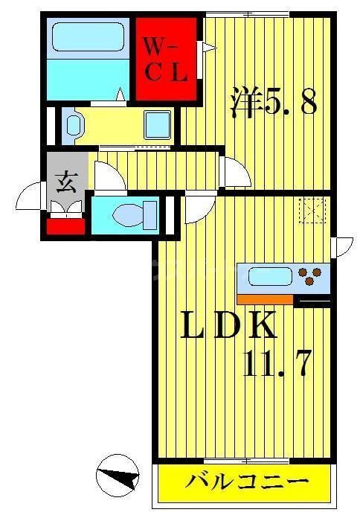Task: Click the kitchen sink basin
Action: click(269, 278)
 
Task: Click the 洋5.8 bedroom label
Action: click(274, 103)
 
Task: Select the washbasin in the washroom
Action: click(72, 126)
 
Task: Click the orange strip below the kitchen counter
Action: click(265, 299)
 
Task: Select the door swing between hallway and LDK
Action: click(197, 208)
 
